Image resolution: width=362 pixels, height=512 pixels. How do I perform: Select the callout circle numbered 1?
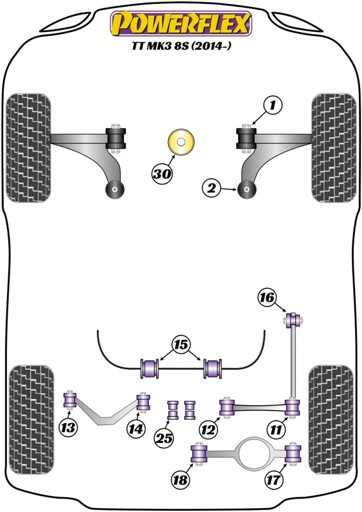tap(273, 104)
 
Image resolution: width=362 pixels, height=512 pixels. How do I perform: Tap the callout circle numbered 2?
tap(212, 188)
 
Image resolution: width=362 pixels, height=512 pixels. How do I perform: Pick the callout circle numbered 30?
tap(162, 172)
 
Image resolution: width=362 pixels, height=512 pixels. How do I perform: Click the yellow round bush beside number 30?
tap(180, 143)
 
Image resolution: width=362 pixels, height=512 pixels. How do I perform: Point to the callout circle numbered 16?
tap(268, 297)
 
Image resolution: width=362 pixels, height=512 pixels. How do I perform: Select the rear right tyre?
tap(331, 419)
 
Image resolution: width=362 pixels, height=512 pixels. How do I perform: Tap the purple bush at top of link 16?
tap(293, 318)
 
